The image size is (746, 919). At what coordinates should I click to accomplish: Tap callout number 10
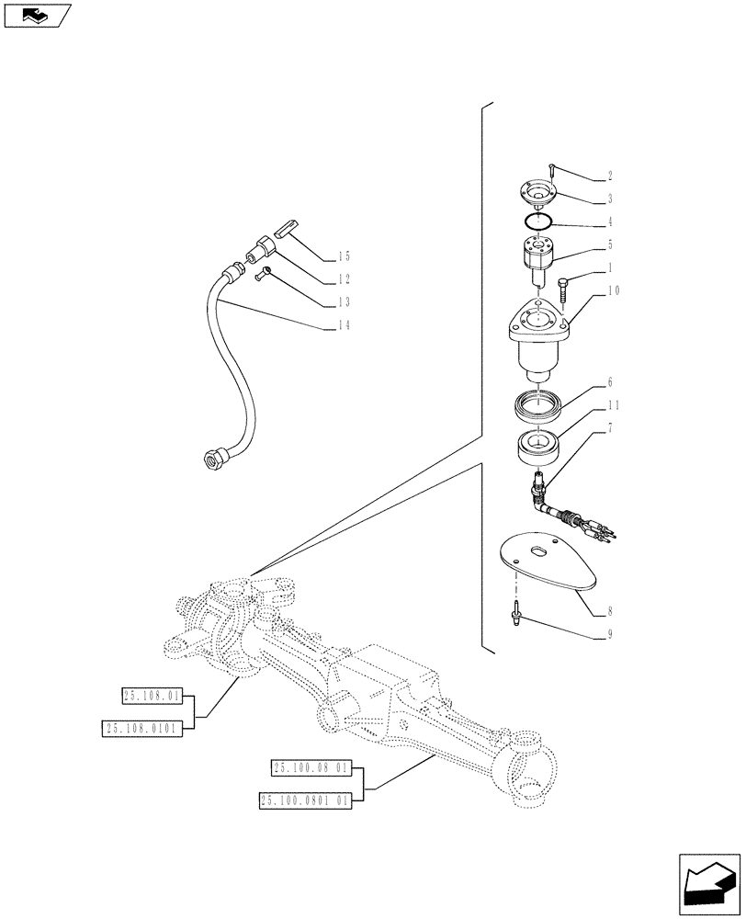[613, 291]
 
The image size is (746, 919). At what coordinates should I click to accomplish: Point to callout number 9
[609, 633]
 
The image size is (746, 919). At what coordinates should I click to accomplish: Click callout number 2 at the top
[609, 176]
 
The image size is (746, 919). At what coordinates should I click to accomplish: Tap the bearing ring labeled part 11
[539, 448]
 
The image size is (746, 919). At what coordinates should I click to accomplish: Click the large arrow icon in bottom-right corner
[709, 883]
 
